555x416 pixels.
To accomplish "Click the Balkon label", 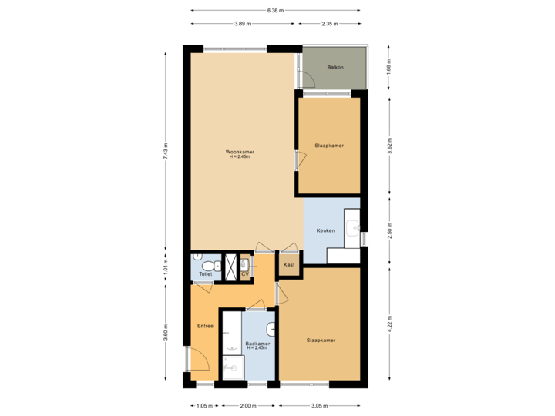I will (335, 68).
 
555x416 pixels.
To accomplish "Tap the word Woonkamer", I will (240, 152).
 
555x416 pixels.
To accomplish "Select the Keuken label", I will (325, 230).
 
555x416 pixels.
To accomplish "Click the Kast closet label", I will (289, 265).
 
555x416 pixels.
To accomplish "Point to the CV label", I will (245, 273).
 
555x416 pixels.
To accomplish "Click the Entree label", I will (205, 326).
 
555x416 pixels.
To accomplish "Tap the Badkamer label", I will (257, 344).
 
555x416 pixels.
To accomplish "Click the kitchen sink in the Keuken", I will (352, 227).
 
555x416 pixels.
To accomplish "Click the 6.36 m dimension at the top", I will (274, 11).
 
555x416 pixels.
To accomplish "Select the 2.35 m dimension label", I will (330, 24).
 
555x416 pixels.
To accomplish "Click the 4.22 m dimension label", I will (389, 321).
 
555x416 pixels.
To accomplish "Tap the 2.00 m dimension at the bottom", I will (247, 405).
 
